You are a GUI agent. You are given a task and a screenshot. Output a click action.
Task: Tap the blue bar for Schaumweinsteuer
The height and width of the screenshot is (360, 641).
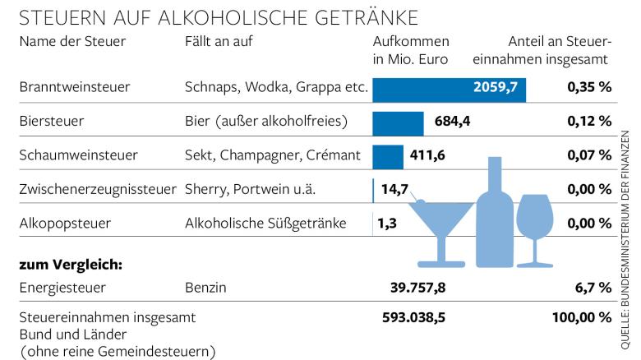coord(388,155)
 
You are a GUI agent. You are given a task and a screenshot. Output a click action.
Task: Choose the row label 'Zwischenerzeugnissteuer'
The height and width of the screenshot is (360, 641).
coord(97,189)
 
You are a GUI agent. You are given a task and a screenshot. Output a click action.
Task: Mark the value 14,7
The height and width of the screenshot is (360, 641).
coord(395,189)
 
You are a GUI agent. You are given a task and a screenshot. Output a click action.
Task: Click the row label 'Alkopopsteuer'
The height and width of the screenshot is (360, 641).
coord(64,223)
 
